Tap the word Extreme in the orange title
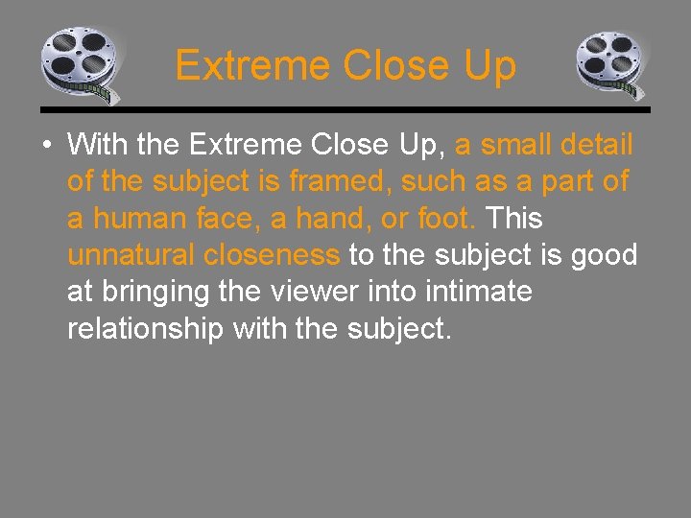click(x=252, y=66)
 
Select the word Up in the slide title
click(x=488, y=66)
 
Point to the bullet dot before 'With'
click(x=46, y=146)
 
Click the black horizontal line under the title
click(x=345, y=109)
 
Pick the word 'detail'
click(x=596, y=145)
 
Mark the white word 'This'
click(x=515, y=218)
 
